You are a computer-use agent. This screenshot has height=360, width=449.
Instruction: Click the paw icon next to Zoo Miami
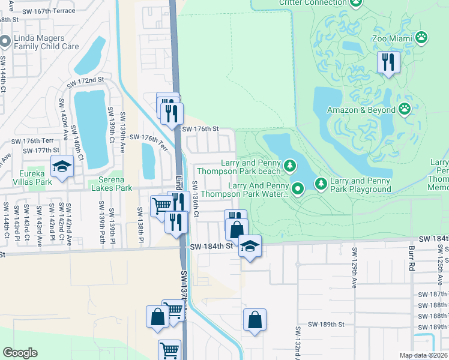423,38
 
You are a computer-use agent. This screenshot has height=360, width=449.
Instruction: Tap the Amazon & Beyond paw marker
405,109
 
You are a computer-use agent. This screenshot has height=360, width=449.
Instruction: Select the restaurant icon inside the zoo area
388,62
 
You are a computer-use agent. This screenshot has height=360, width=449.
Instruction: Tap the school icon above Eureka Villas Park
62,167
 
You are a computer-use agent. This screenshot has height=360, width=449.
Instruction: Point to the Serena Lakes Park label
110,184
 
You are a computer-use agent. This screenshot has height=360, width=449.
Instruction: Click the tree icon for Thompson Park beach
290,164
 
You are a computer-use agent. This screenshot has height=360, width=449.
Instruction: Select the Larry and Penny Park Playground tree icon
321,182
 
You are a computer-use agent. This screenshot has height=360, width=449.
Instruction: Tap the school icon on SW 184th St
250,245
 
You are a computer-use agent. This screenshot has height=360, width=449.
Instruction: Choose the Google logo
20,353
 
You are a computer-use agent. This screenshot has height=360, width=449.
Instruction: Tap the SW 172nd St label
87,80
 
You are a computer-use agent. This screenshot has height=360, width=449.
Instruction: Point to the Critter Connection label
313,2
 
